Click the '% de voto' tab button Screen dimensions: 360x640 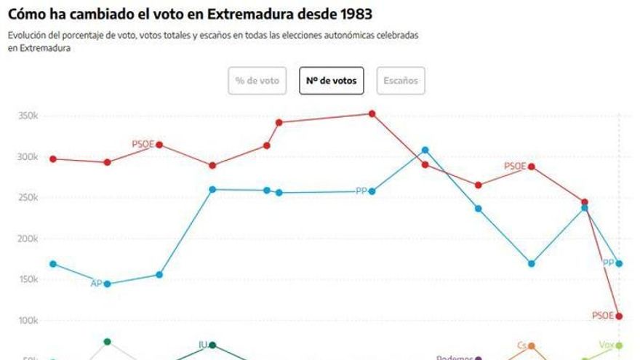(257, 81)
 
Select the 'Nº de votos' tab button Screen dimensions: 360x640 (331, 81)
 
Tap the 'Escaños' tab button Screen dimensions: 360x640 (401, 81)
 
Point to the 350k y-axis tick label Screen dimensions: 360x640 (28, 116)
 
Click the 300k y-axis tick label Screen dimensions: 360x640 (28, 157)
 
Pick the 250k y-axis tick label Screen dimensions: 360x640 (28, 198)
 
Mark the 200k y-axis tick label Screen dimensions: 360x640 (28, 239)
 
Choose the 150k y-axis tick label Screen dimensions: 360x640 (28, 280)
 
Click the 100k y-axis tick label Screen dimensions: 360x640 (28, 321)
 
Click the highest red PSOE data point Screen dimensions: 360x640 (372, 113)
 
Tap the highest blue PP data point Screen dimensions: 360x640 (425, 151)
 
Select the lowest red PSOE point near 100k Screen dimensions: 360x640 (619, 316)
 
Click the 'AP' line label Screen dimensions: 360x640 (96, 284)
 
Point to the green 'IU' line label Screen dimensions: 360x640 (204, 345)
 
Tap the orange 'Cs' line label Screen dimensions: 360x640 (521, 345)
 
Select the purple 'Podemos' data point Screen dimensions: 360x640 (478, 359)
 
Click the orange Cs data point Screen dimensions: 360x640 (532, 346)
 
